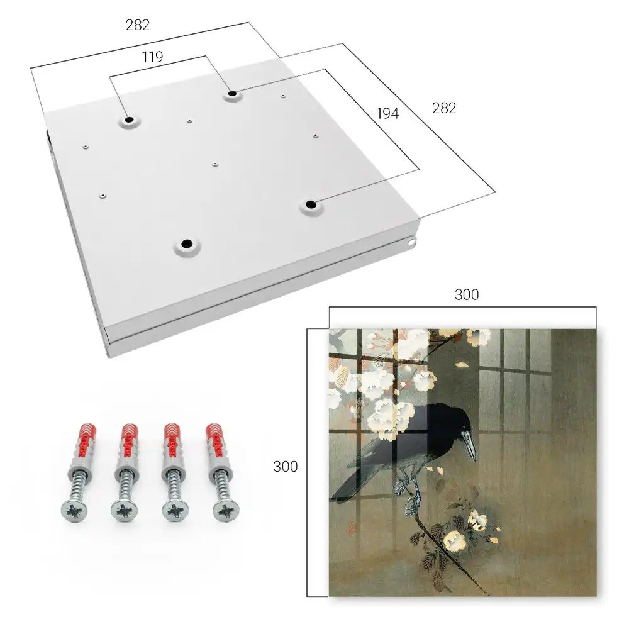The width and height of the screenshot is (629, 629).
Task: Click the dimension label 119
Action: [152, 57]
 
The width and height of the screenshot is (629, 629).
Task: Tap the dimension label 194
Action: [387, 113]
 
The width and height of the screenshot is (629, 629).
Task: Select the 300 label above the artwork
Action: [467, 294]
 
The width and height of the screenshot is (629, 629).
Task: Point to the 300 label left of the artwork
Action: [285, 467]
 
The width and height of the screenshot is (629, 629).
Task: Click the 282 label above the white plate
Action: [138, 25]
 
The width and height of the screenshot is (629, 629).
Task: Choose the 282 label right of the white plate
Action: [444, 108]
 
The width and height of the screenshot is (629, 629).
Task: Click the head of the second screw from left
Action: [123, 511]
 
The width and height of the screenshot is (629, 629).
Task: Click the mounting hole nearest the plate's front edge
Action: [187, 244]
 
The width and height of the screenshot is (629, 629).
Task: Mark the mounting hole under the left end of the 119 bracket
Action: [129, 120]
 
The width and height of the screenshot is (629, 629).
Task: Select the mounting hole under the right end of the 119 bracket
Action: [232, 94]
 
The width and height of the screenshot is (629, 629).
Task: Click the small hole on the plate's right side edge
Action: [411, 242]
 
